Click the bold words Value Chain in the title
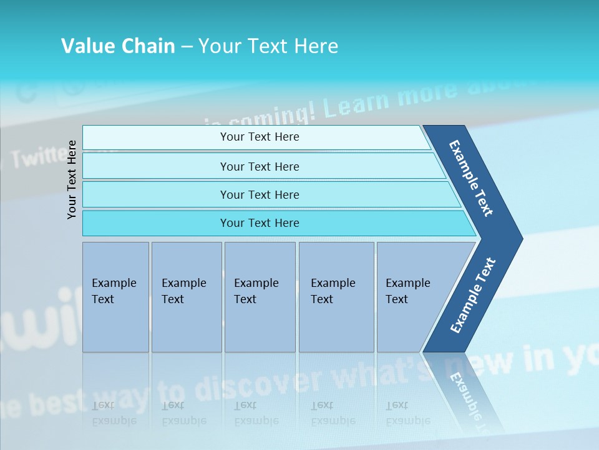[118, 46]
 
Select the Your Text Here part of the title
[268, 46]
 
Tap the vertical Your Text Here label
[72, 179]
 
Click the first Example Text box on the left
[115, 297]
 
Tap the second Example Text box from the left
[186, 297]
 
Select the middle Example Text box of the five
[260, 297]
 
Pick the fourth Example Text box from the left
[336, 297]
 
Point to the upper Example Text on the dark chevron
[471, 178]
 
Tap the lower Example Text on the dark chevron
[473, 295]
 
